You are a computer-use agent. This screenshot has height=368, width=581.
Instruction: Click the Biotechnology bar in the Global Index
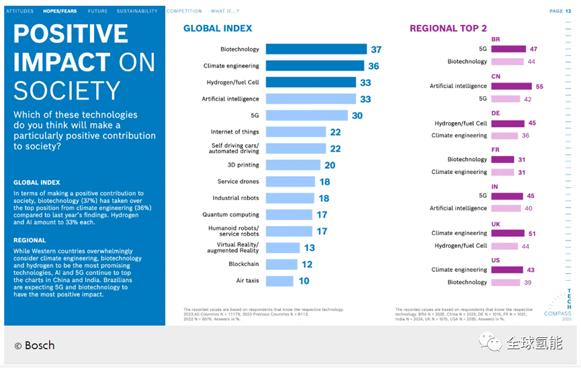tap(316, 49)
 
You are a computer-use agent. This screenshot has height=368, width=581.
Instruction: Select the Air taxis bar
tap(279, 281)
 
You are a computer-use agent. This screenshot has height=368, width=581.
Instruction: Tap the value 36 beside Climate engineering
tap(373, 66)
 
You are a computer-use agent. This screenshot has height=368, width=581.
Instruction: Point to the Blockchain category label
tap(244, 265)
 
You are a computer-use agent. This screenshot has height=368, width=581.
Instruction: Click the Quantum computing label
tap(231, 215)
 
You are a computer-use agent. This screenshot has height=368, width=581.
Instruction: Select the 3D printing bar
tap(293, 165)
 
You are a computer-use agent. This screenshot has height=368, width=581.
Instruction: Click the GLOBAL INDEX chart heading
tap(218, 28)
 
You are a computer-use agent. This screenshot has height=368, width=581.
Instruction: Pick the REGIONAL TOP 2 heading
tap(448, 28)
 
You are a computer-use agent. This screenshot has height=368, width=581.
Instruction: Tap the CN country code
tap(496, 77)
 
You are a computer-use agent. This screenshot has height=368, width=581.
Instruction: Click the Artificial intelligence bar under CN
tap(511, 87)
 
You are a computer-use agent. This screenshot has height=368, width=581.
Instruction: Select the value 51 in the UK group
tap(532, 234)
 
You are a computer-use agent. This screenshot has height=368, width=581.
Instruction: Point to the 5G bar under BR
tap(508, 49)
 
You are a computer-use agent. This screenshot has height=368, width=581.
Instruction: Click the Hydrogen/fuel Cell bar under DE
tap(508, 124)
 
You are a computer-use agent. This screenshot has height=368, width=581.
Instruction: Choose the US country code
tap(496, 260)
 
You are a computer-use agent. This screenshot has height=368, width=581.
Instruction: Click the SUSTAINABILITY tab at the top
tap(137, 11)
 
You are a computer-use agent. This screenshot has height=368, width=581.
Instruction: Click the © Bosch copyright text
tap(34, 345)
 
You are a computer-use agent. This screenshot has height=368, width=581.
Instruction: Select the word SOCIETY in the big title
tap(66, 91)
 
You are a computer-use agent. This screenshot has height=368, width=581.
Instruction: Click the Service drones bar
tap(290, 182)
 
